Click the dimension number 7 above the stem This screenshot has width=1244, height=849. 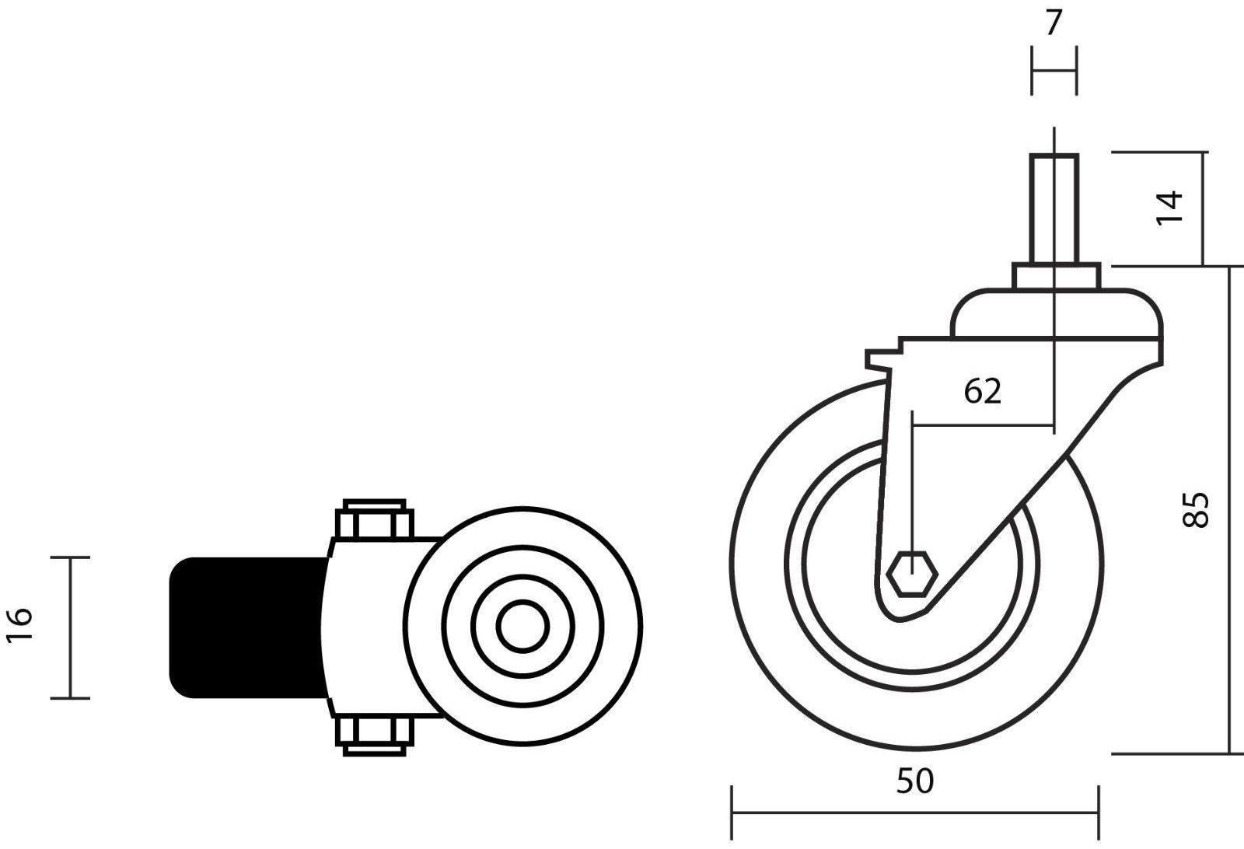[1054, 23]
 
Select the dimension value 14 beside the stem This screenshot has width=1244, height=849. [1169, 208]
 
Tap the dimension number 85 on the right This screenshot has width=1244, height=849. [1195, 510]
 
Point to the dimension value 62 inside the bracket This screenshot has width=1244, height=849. [983, 391]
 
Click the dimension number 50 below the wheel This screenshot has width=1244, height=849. [915, 781]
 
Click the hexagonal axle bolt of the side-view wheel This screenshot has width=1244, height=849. [912, 574]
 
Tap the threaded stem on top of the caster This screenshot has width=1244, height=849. [1054, 209]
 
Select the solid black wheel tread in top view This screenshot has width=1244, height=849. [246, 627]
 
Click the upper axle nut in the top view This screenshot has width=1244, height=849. [375, 519]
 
